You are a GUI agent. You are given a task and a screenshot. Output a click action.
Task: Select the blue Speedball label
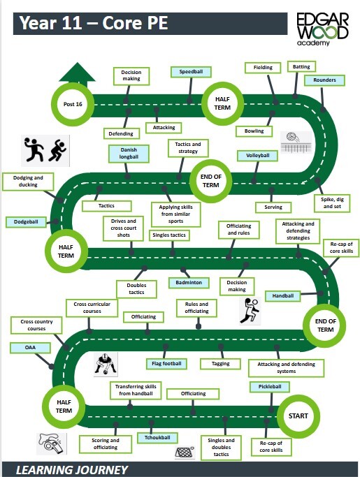tap(192, 71)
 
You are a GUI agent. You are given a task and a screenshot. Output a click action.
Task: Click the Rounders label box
tap(324, 80)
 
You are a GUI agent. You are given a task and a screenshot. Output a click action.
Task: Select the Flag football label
tap(166, 363)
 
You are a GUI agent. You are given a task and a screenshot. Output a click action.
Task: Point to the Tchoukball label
tap(158, 438)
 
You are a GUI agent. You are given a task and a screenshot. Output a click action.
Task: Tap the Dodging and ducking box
tap(28, 182)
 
